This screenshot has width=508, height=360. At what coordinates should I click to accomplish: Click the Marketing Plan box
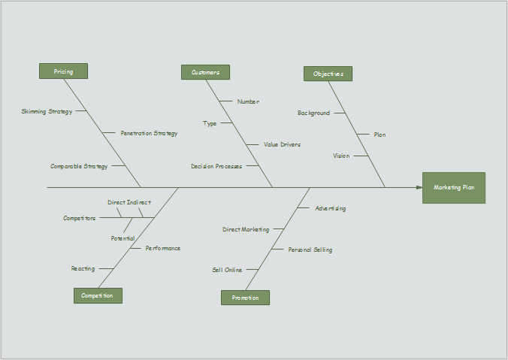(x=454, y=187)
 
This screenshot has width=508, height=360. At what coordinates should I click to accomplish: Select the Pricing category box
(x=63, y=71)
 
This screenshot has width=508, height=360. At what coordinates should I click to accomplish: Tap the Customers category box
(x=205, y=72)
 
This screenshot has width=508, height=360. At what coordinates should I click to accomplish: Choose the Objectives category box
(x=328, y=74)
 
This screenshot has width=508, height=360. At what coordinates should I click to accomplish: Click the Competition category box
(x=98, y=295)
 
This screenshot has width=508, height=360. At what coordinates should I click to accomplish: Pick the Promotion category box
(x=245, y=298)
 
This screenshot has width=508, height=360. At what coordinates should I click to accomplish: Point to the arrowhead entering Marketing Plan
(x=419, y=187)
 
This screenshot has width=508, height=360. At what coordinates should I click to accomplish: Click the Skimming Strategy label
(x=47, y=111)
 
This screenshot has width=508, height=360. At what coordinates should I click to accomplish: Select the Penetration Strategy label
(x=149, y=133)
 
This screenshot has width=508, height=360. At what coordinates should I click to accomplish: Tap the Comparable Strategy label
(x=79, y=166)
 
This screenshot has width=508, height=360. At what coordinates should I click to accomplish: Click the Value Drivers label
(x=282, y=144)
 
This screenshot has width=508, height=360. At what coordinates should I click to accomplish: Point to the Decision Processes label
(x=216, y=166)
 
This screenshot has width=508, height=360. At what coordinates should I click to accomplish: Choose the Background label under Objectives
(x=313, y=113)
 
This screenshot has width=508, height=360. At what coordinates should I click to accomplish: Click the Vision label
(x=341, y=156)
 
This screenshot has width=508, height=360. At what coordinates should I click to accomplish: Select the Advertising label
(x=330, y=208)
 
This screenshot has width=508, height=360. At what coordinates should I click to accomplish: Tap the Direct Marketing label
(x=246, y=229)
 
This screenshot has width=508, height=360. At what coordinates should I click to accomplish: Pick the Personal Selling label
(x=310, y=250)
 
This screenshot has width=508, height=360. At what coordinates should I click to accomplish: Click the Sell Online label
(x=227, y=270)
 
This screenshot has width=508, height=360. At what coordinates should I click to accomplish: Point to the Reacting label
(x=83, y=268)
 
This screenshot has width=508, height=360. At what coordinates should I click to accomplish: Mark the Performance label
(x=162, y=248)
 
